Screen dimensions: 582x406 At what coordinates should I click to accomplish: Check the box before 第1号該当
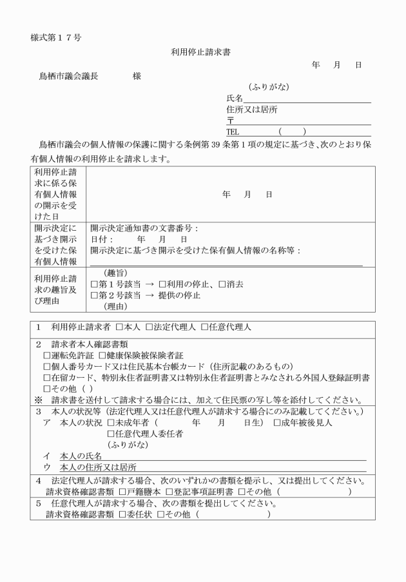click(x=94, y=284)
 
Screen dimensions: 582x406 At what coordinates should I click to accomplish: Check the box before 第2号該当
click(x=94, y=295)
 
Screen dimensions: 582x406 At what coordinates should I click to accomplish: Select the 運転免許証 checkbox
click(x=47, y=355)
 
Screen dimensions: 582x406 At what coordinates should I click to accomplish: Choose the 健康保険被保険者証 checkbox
click(x=102, y=355)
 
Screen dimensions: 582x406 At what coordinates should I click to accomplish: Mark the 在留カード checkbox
click(x=47, y=378)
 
